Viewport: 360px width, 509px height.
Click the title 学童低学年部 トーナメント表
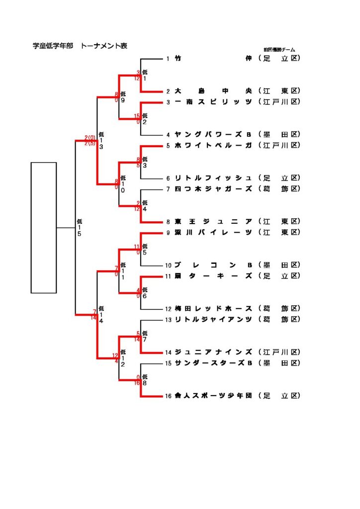tap(80, 46)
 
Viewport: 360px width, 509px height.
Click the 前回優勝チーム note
tap(279, 50)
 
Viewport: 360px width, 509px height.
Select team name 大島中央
tap(213, 91)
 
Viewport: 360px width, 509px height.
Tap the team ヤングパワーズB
tap(213, 134)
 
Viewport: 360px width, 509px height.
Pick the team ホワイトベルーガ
tap(213, 145)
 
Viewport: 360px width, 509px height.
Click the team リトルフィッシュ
tap(213, 178)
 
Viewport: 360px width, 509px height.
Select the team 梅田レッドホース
tap(213, 309)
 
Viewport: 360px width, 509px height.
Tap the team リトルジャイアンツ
tap(213, 320)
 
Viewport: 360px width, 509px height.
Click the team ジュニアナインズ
tap(213, 352)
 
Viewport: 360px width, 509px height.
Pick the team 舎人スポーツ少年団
tap(213, 396)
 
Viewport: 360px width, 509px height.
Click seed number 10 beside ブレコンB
tap(169, 265)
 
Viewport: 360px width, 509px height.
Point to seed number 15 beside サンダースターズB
tap(169, 363)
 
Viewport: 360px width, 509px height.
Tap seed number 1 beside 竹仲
tap(168, 59)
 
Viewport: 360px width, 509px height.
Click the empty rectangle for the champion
tap(44, 227)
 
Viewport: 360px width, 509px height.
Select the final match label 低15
tap(79, 228)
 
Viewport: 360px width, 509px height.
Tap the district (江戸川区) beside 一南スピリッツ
tap(280, 102)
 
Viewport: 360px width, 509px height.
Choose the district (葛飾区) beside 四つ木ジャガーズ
tap(280, 189)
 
